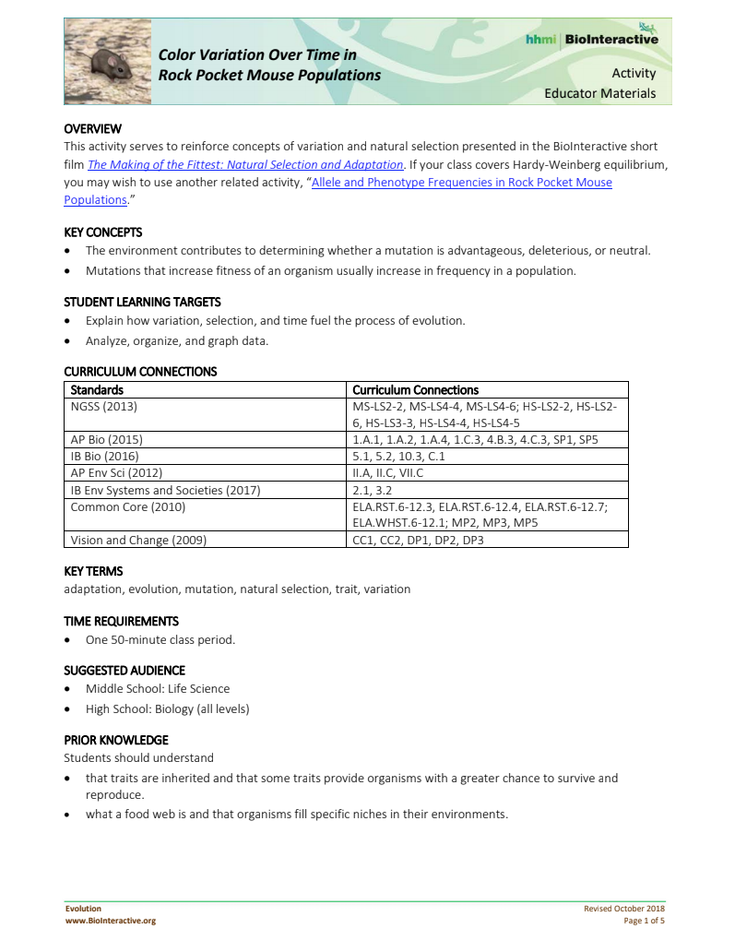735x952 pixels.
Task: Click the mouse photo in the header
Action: pos(105,60)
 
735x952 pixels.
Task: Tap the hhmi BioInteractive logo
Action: pos(591,39)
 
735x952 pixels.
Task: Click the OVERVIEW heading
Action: pos(92,128)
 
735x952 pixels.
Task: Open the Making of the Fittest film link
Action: pos(245,164)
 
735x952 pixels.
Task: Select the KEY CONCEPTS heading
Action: pos(102,232)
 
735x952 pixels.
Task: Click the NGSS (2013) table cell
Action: pos(104,406)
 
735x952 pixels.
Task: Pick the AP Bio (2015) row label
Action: pos(107,439)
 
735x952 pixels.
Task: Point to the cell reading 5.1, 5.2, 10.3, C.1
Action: pos(398,456)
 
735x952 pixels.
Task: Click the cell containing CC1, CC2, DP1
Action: pos(418,540)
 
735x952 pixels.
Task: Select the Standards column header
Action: pos(97,389)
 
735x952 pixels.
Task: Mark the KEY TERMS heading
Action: pos(93,571)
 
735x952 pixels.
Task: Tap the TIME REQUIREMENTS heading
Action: pos(121,621)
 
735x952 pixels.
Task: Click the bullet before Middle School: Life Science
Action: pos(67,689)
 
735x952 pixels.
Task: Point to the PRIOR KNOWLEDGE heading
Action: pos(115,740)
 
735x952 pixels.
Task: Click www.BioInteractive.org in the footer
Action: pos(110,920)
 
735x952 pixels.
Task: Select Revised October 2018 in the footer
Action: pos(623,909)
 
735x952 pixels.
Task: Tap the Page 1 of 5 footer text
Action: pos(644,920)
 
